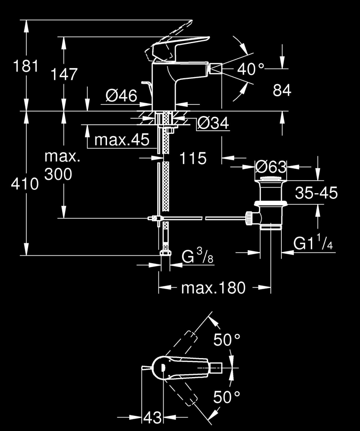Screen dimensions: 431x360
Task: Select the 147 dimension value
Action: pos(64,74)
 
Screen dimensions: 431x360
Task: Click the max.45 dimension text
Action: pos(122,140)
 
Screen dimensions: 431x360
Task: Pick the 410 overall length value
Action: pos(25,185)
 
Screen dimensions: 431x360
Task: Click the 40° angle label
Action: pos(250,69)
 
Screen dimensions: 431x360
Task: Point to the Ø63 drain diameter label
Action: pos(271,167)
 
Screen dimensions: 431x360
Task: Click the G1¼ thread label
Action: pos(313,244)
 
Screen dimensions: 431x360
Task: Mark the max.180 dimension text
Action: pos(213,287)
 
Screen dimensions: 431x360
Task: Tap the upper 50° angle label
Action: pos(227,340)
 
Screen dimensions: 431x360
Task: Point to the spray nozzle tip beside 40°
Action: pos(215,69)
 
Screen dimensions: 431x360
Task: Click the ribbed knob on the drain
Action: pos(249,218)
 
